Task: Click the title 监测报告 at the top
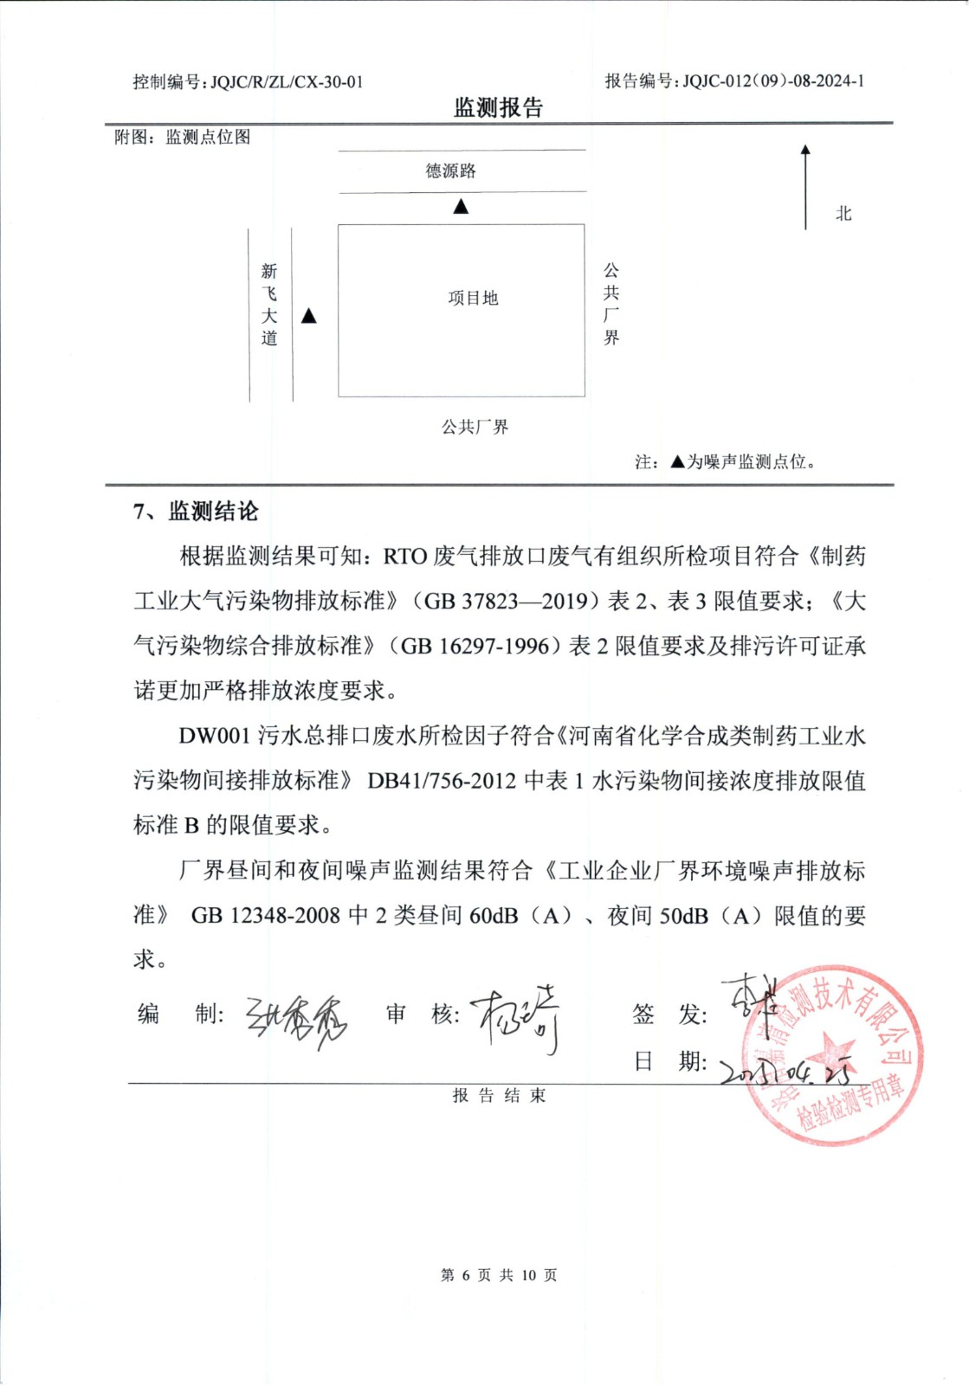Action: coord(498,108)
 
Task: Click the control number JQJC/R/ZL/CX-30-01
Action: coord(287,82)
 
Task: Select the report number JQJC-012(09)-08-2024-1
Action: coord(773,81)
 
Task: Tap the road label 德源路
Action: coord(450,171)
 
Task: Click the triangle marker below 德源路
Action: coord(461,206)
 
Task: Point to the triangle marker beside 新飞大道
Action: coord(309,316)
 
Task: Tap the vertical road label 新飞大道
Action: coord(269,305)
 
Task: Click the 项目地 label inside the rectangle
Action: coord(473,298)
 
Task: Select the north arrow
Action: coord(805,186)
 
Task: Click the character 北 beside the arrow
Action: coord(843,214)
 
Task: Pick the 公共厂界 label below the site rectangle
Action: coord(475,427)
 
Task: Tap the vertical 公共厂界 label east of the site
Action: coord(611,304)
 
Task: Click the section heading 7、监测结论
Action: coord(196,512)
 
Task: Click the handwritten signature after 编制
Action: coord(296,1019)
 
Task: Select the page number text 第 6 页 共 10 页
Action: coord(499,1275)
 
